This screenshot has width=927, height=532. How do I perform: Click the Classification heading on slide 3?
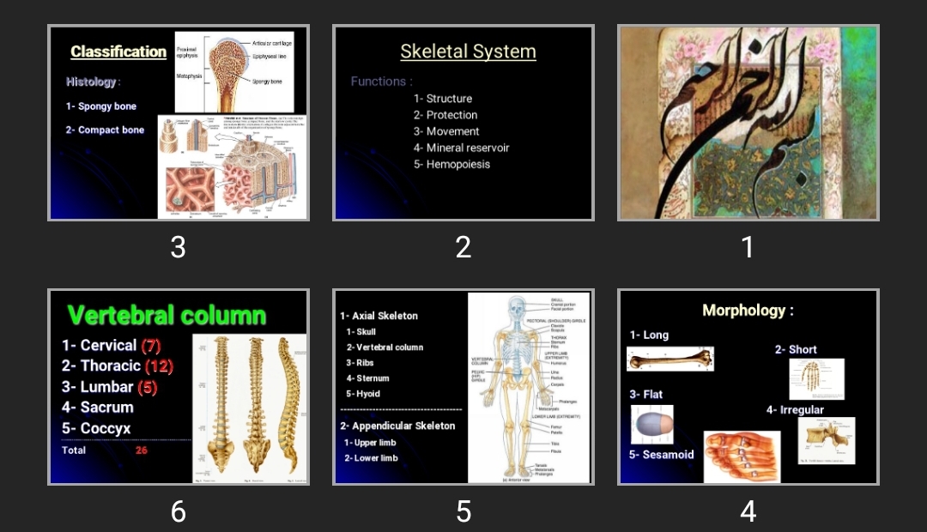[x=118, y=51]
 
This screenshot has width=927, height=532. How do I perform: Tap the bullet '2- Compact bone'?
[x=105, y=130]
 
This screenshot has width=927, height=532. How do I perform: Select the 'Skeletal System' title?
[x=468, y=51]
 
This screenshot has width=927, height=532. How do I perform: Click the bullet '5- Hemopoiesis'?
[x=451, y=165]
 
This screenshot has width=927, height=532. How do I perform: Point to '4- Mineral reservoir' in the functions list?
[x=461, y=148]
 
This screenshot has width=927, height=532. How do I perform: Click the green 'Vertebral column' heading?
[x=167, y=315]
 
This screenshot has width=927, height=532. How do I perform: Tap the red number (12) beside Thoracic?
[x=159, y=366]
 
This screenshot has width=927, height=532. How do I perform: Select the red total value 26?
[x=142, y=450]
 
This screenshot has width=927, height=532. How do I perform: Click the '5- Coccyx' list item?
[x=96, y=428]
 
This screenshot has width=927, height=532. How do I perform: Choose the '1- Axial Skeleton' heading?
[x=379, y=316]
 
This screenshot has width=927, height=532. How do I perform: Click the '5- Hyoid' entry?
[x=363, y=394]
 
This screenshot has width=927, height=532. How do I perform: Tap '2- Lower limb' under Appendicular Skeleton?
[x=371, y=458]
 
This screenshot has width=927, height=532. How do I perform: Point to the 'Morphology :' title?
[x=748, y=311]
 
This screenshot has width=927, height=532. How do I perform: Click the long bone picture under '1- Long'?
[x=670, y=360]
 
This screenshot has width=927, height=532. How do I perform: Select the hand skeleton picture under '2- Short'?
[x=816, y=378]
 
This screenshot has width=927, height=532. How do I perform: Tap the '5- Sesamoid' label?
[x=661, y=455]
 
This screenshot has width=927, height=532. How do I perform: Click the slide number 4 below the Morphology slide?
[x=748, y=512]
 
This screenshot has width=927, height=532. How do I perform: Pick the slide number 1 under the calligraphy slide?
[x=748, y=247]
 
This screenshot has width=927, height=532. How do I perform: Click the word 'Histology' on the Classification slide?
[x=91, y=82]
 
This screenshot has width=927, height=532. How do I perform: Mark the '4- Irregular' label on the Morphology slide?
[x=795, y=410]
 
